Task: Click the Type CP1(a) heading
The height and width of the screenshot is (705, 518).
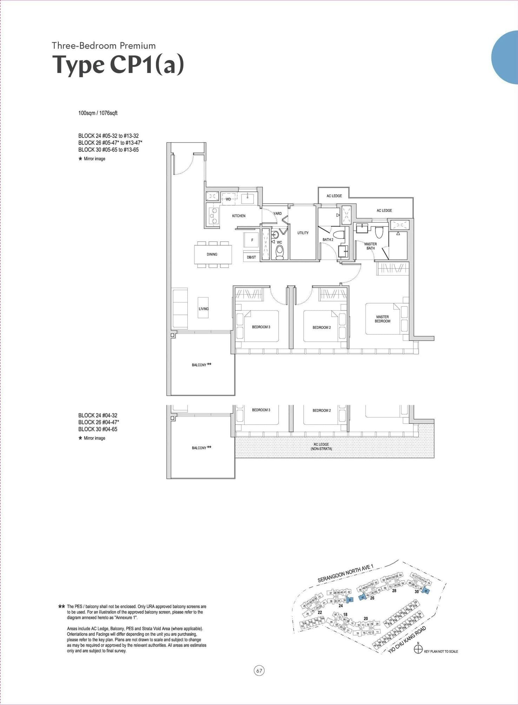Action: click(118, 65)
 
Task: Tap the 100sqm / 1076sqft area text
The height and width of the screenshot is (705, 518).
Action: click(98, 113)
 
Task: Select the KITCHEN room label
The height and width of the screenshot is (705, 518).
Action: click(239, 216)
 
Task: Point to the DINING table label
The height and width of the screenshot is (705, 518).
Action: click(212, 254)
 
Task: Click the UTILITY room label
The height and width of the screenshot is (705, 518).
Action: click(303, 233)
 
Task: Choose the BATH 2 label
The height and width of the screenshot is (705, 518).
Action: click(328, 240)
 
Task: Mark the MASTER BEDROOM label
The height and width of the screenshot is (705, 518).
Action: click(382, 319)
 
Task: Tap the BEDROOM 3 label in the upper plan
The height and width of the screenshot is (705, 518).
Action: click(261, 327)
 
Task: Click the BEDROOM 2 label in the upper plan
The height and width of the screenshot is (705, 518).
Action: click(321, 328)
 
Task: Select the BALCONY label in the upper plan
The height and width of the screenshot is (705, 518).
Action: click(199, 365)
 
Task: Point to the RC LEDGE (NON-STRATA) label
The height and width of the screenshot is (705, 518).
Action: click(321, 447)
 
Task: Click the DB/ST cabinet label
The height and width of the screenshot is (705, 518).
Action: click(251, 257)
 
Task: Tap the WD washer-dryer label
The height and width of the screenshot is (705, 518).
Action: click(228, 199)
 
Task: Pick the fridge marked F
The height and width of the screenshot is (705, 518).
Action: click(252, 240)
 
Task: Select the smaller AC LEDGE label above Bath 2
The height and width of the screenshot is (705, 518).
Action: click(334, 196)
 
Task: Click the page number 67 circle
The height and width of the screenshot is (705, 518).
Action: click(259, 671)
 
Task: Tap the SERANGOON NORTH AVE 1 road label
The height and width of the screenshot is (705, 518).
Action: click(345, 574)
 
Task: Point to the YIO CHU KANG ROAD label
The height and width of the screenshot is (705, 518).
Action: click(407, 640)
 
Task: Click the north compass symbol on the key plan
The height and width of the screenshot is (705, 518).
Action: click(418, 650)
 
